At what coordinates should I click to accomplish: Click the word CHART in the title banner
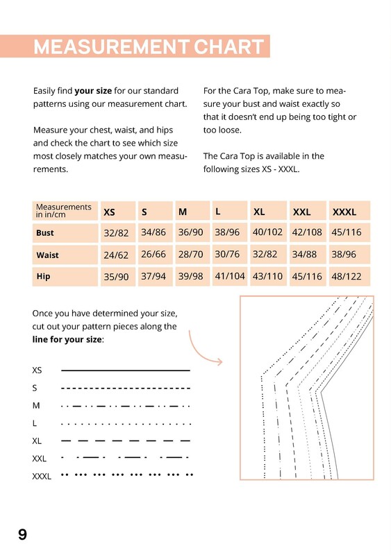pos(228,46)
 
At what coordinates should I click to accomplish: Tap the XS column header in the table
pos(109,212)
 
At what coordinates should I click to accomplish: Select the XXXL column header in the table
pos(344,212)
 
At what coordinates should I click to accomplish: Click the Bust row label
pos(44,233)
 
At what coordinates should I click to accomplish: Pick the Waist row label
pos(47,255)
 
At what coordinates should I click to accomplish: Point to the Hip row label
pos(43,276)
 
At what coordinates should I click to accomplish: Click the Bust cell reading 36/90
pos(191,232)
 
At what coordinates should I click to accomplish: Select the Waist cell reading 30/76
pos(227,254)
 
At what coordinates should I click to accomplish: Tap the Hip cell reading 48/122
pos(347,276)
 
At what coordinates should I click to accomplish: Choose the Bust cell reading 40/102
pos(267,232)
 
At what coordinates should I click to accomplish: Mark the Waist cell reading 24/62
pos(116,255)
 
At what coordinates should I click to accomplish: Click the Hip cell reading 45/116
pos(307,276)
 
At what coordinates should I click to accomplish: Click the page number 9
pos(22,534)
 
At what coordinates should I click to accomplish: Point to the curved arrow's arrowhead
pos(219,361)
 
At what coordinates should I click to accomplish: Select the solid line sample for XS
pos(126,370)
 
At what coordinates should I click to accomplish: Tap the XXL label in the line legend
pos(40,459)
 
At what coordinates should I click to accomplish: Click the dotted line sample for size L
pos(126,424)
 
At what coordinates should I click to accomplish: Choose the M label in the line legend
pos(36,406)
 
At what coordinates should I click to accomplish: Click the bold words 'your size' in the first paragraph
pos(93,91)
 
